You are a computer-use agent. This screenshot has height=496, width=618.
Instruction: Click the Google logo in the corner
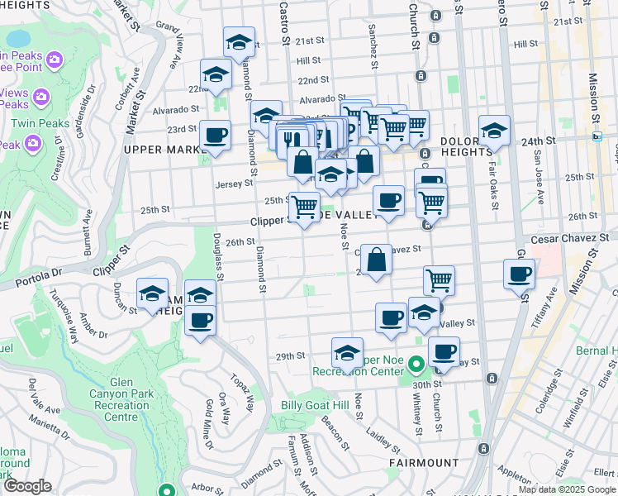pyautogui.click(x=26, y=487)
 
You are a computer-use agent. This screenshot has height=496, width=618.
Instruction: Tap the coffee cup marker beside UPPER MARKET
pyautogui.click(x=215, y=136)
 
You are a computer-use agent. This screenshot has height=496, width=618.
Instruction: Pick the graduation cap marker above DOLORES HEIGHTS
pyautogui.click(x=494, y=131)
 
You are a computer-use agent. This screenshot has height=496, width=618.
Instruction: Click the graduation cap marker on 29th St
pyautogui.click(x=348, y=353)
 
